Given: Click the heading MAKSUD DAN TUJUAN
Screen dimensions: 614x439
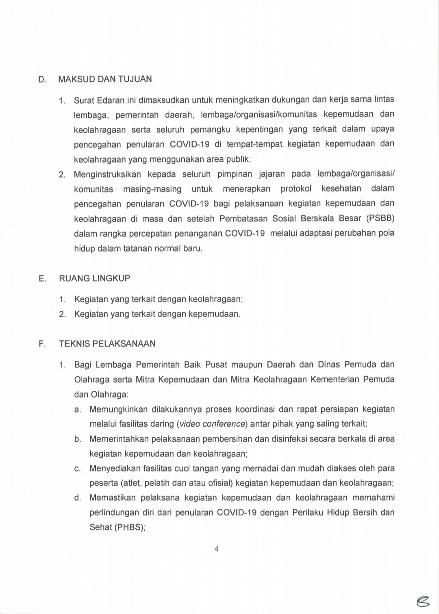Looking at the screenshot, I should click(x=105, y=79).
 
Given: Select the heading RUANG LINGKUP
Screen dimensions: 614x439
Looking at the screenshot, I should click(x=95, y=279).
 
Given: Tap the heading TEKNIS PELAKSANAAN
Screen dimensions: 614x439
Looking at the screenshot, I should click(x=107, y=344).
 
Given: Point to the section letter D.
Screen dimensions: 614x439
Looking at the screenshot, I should click(x=41, y=80).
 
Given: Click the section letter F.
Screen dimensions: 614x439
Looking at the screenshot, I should click(x=41, y=344).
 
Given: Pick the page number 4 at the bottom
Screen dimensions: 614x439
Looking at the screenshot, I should click(x=216, y=549).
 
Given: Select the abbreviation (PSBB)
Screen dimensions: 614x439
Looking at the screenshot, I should click(x=380, y=218).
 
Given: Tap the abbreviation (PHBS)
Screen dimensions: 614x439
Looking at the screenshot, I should click(x=129, y=527).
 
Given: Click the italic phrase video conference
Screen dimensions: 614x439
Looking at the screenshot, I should click(x=212, y=424).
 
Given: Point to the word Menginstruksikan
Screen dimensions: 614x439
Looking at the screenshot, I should click(x=107, y=175).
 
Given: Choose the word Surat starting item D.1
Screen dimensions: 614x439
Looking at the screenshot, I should click(x=83, y=100).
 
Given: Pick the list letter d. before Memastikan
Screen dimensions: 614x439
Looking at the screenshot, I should click(x=78, y=498).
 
